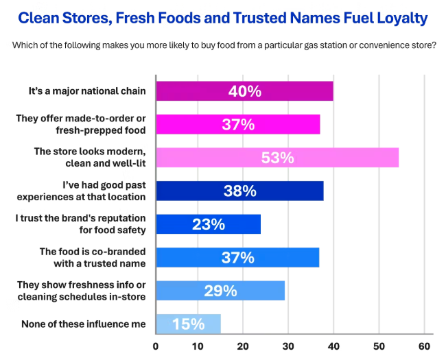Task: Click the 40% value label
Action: click(x=244, y=91)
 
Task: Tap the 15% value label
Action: click(x=188, y=324)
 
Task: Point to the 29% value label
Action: click(x=220, y=291)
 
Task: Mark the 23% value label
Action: click(x=209, y=224)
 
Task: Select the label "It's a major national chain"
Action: click(x=87, y=91)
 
